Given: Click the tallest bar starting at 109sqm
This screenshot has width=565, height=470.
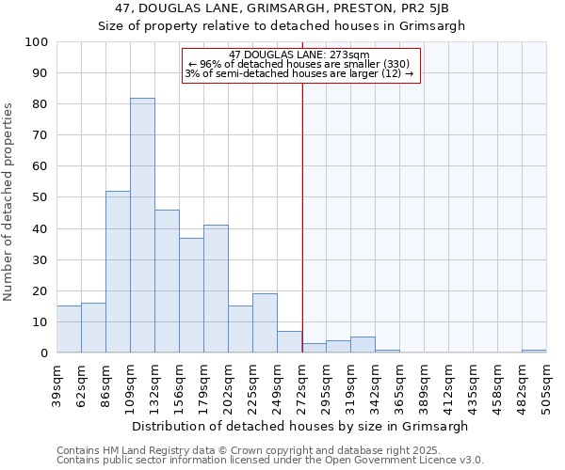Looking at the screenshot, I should [x=142, y=226].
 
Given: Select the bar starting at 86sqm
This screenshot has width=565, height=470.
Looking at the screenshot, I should [x=118, y=272].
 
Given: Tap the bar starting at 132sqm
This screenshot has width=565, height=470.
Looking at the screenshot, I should [x=167, y=281].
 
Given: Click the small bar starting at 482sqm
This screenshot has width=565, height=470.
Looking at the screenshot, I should [x=534, y=351].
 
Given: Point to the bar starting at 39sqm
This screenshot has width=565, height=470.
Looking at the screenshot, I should [x=69, y=329].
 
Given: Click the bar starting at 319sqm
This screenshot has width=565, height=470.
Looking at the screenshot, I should [x=363, y=345].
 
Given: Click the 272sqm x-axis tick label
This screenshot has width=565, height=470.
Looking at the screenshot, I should [x=301, y=383].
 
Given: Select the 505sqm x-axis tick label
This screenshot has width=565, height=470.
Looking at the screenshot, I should [x=547, y=383].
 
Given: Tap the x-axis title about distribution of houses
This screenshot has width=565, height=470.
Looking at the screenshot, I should [x=301, y=426].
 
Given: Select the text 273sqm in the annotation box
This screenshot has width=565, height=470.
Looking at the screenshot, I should [x=351, y=55].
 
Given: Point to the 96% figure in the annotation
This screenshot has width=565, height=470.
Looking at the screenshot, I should [x=209, y=64].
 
